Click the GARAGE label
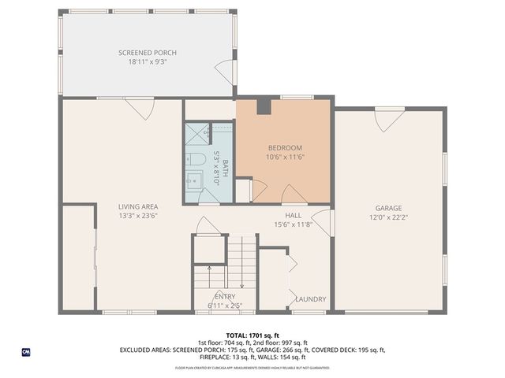388,209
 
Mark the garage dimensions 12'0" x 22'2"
388,217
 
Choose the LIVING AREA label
138,207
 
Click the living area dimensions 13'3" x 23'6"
138,216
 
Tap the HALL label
293,215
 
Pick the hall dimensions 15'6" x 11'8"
293,224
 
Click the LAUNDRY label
311,299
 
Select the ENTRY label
225,296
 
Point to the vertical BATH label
225,167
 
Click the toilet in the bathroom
197,160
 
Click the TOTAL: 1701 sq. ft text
252,335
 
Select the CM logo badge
26,352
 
